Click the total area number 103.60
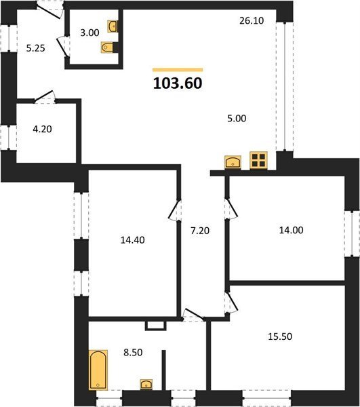click(x=178, y=83)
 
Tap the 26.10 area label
click(x=252, y=20)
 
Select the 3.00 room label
click(x=89, y=33)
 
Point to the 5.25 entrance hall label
click(x=36, y=48)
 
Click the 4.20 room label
click(x=42, y=129)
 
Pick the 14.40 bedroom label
click(x=132, y=240)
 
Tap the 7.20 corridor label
click(x=200, y=231)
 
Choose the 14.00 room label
click(x=291, y=230)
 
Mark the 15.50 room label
click(x=280, y=336)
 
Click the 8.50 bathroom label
click(x=133, y=353)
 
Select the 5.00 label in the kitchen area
click(x=237, y=119)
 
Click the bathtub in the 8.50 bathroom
click(x=98, y=370)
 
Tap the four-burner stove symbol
click(x=258, y=160)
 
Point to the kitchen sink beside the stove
click(x=233, y=162)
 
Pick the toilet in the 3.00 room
click(x=107, y=47)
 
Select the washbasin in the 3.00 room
click(x=113, y=26)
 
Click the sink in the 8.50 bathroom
click(x=146, y=385)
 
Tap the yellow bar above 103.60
click(x=178, y=70)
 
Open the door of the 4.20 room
click(x=45, y=96)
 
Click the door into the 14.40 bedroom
click(x=174, y=210)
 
